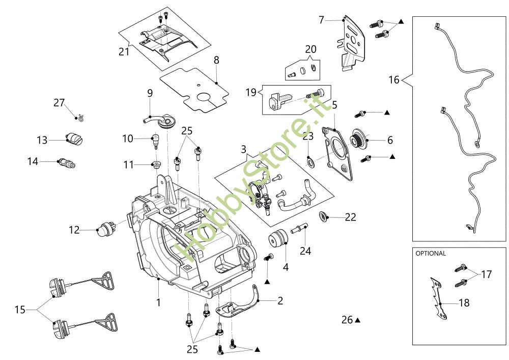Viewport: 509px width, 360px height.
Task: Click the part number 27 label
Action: click(x=59, y=102)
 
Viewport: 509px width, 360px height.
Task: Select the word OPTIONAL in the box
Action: click(x=431, y=254)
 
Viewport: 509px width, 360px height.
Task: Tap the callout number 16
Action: click(x=394, y=79)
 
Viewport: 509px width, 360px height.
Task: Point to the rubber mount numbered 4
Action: click(x=278, y=239)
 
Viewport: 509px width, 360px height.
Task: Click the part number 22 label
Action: click(x=351, y=217)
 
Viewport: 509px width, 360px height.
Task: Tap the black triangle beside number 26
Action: click(x=357, y=320)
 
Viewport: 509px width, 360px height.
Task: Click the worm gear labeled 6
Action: click(x=358, y=139)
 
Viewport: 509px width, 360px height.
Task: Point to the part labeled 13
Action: click(x=75, y=139)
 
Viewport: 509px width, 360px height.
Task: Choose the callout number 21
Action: click(x=124, y=51)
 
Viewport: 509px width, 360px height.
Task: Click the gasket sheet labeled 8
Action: click(x=194, y=90)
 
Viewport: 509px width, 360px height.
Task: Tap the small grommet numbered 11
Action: click(x=156, y=163)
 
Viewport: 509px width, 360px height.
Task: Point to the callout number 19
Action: click(x=251, y=93)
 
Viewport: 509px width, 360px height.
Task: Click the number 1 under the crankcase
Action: click(x=158, y=302)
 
